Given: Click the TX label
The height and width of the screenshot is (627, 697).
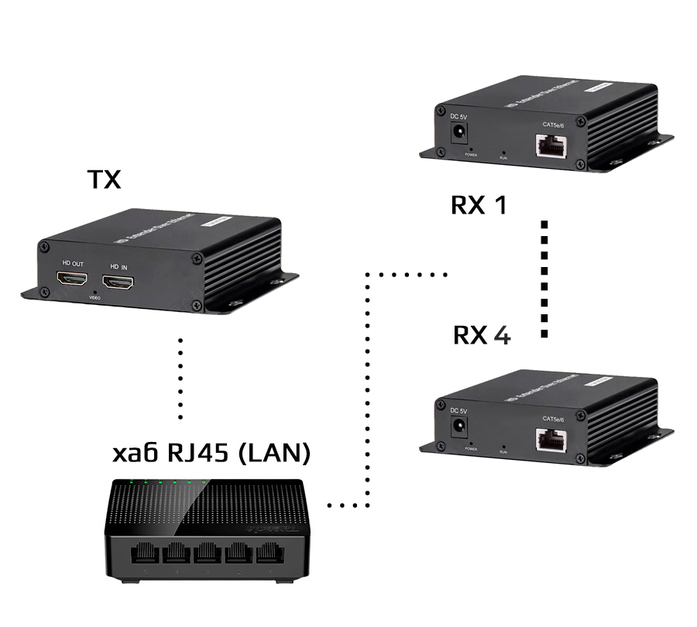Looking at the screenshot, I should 104,180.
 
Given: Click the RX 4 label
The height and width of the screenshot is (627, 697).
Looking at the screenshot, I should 481,335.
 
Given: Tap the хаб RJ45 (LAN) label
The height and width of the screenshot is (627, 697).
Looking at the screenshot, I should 211,453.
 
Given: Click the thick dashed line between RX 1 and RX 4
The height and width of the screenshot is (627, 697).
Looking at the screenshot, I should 544,279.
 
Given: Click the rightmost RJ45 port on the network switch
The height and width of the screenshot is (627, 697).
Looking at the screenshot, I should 269,554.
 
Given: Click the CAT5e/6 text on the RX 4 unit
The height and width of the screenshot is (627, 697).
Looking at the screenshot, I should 553,419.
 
